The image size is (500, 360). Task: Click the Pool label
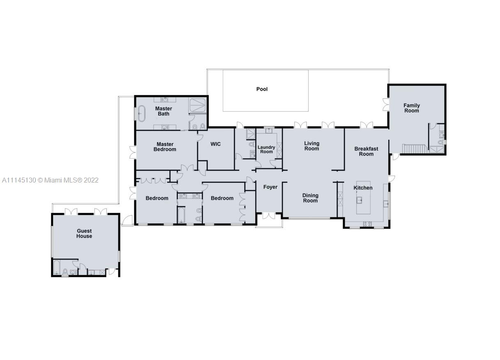point(262,89)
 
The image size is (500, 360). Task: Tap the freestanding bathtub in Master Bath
point(141,113)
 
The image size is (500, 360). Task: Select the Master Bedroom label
point(165,147)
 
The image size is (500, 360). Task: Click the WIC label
point(215,144)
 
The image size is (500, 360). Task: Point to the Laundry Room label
point(266,149)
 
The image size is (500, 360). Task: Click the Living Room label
point(311,146)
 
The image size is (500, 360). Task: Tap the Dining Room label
point(310,198)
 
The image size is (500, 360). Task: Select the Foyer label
point(270,187)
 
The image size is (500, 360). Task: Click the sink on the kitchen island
point(359,200)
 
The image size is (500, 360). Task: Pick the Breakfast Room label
point(366,151)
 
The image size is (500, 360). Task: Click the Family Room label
point(411,108)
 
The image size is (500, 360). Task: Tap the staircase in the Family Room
point(415,148)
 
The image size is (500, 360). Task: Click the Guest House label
point(84,233)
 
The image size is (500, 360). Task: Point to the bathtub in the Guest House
point(57,268)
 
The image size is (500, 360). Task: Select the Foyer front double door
point(269,215)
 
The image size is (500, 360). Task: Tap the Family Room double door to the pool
point(385,104)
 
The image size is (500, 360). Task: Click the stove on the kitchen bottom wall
point(367,224)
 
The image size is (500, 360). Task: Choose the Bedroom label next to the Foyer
point(222,198)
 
